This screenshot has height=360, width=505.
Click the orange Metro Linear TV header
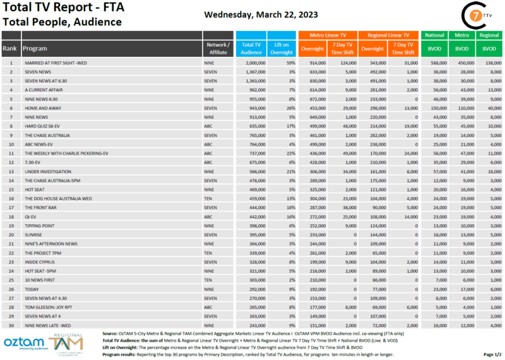(x=327, y=35)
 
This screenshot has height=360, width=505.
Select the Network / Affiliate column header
(x=218, y=48)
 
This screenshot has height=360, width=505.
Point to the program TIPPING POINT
(x=39, y=225)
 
